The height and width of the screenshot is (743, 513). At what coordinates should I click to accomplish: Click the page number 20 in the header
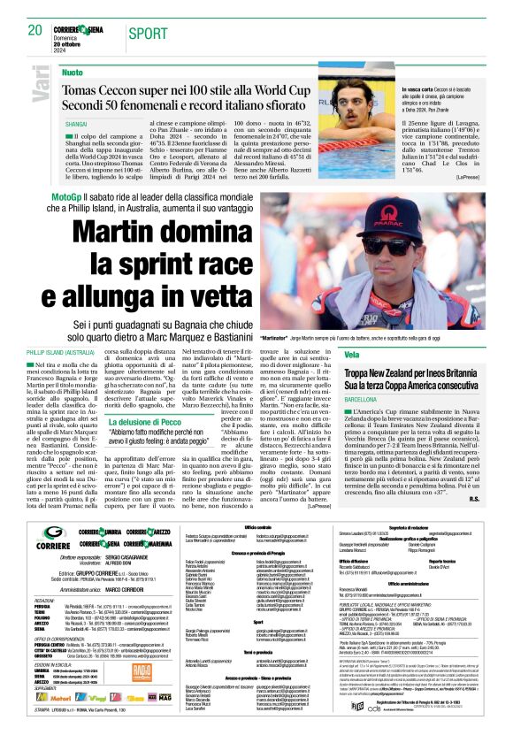(35, 31)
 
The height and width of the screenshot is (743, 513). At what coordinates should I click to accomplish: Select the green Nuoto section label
(73, 72)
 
